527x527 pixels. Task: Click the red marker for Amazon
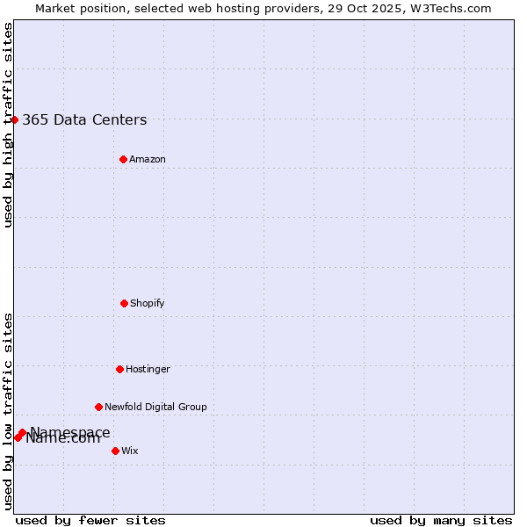click(123, 159)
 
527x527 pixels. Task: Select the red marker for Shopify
click(124, 303)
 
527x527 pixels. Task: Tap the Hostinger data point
click(119, 369)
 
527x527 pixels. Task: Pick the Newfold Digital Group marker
click(98, 407)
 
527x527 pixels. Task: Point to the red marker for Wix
click(115, 451)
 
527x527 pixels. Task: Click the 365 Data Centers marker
click(15, 119)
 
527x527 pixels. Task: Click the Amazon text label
click(148, 159)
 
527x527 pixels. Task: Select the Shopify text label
click(148, 303)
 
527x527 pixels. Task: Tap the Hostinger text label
click(148, 369)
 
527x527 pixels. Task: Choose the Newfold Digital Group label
click(155, 407)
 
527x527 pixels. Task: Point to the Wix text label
click(130, 451)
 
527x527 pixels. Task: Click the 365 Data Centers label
click(84, 120)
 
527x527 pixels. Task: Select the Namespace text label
click(70, 431)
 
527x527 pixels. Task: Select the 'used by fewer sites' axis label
click(90, 520)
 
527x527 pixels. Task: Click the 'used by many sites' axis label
click(441, 520)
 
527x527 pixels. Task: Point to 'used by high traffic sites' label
click(9, 125)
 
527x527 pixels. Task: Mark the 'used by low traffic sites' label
click(9, 411)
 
